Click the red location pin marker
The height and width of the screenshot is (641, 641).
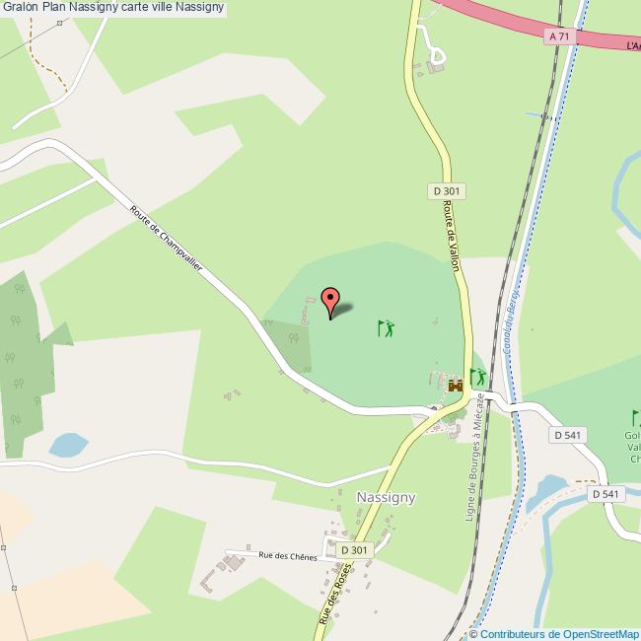tap(330, 301)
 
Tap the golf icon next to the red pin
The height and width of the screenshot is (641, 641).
tap(386, 328)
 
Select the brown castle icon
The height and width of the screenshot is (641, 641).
tap(456, 386)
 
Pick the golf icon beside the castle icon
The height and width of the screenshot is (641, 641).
tap(478, 377)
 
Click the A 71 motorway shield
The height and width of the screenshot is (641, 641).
tap(558, 36)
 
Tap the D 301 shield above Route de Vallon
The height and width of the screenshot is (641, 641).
tap(447, 190)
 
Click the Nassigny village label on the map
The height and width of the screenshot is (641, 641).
tap(386, 498)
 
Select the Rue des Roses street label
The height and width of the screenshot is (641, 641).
tap(335, 593)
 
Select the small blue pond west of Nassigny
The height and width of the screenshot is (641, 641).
tap(68, 445)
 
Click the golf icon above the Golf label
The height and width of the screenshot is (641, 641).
tap(635, 417)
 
